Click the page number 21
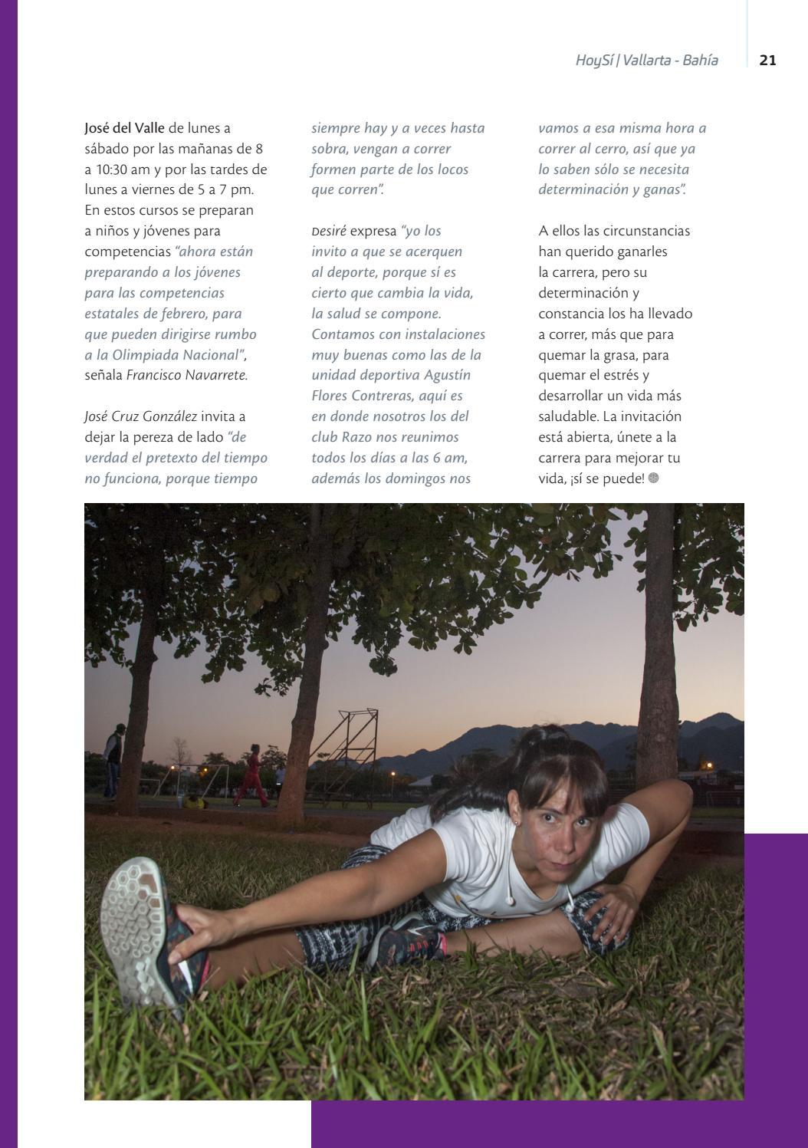(767, 60)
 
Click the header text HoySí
(594, 60)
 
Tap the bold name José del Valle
(124, 128)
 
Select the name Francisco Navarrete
(187, 376)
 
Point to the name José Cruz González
(141, 416)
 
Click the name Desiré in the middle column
(329, 231)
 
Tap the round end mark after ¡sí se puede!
(653, 479)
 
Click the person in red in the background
(250, 775)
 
